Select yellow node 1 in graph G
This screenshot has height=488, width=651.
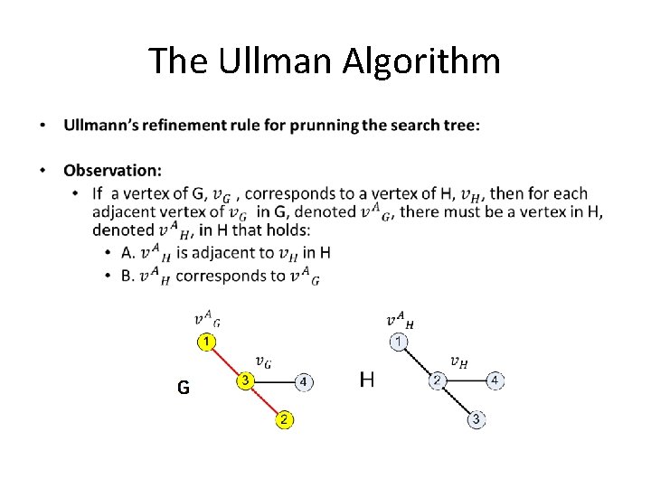207,342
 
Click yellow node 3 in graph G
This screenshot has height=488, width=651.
245,380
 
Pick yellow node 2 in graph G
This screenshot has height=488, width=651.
284,419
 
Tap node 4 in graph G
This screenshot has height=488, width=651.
304,381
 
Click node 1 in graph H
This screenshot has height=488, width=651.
399,342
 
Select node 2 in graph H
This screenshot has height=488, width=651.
437,380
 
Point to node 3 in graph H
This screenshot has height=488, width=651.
476,419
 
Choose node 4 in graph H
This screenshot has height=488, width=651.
495,380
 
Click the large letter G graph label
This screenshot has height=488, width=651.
184,388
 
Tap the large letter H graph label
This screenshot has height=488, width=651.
367,380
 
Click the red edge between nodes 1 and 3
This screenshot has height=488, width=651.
226,361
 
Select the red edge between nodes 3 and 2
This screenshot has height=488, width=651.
265,400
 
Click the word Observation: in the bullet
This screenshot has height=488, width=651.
113,170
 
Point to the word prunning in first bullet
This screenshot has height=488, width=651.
325,125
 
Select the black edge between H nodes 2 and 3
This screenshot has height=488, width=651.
457,400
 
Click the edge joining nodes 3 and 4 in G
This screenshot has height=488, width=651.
275,381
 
